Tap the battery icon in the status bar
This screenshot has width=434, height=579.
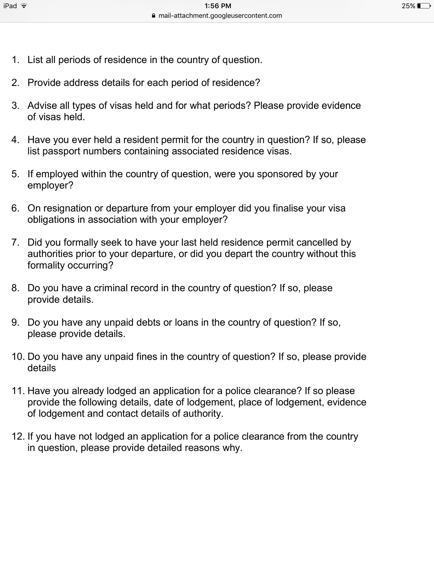coord(424,6)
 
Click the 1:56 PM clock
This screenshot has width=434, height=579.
coord(217,6)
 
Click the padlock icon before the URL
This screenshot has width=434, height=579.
coord(154,16)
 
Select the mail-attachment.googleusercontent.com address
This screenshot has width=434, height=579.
coord(220,16)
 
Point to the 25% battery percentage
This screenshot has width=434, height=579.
coord(408,6)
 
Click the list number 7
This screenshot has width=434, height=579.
coord(15,243)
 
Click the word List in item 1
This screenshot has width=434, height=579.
coord(35,60)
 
